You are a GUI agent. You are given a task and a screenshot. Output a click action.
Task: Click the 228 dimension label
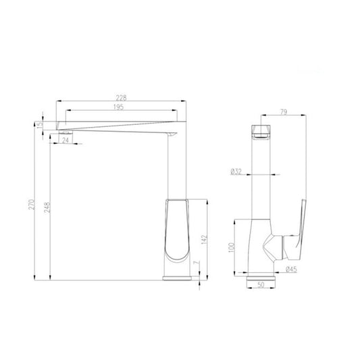121,98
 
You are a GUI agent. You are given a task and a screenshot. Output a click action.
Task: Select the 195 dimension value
118,107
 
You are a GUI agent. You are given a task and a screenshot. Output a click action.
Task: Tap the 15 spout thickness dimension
40,124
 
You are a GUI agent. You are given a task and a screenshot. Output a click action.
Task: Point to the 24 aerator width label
66,140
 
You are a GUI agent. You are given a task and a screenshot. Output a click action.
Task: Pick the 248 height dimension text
47,207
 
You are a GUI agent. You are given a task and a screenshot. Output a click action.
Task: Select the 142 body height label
204,240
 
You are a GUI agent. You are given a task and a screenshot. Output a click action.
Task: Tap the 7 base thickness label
196,262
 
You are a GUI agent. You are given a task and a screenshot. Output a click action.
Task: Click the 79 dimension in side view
284,112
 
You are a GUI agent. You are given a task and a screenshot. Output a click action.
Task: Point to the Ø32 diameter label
236,172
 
